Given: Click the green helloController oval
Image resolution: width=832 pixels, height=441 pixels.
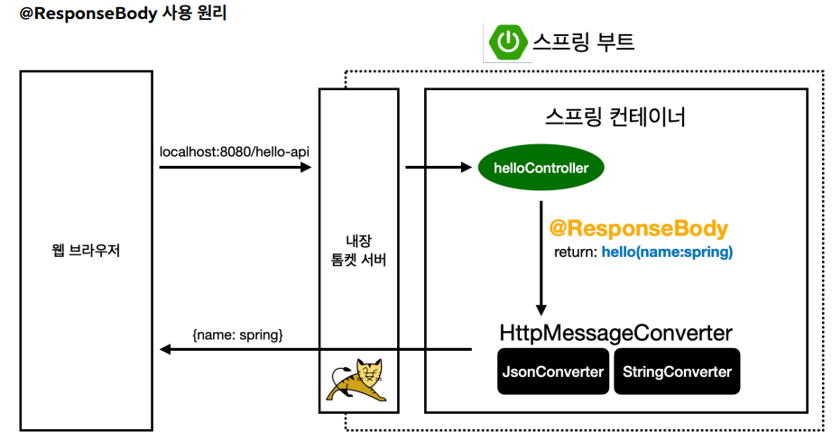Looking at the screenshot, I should [541, 168].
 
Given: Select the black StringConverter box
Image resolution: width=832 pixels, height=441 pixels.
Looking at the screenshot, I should [677, 372].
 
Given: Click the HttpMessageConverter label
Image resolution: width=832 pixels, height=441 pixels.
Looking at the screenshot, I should [616, 333].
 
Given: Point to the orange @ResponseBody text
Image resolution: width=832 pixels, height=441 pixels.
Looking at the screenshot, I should [638, 228].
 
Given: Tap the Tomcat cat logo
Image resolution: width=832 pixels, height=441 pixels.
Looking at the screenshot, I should [358, 382].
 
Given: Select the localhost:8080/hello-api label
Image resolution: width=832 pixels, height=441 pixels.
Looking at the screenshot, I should [235, 151].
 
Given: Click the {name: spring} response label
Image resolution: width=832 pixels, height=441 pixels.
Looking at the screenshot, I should [237, 335].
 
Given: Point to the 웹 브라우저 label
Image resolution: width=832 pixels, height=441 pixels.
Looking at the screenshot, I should [87, 250].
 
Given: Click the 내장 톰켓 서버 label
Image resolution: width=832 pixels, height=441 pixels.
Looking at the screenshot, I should [358, 250].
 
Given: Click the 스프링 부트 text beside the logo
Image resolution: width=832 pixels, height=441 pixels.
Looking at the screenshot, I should [584, 41].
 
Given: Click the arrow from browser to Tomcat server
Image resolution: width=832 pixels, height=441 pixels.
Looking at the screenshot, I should [235, 167].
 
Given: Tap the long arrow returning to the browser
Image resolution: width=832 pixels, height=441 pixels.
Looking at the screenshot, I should [316, 350].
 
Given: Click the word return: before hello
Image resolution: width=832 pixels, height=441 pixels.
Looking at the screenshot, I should [575, 253].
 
